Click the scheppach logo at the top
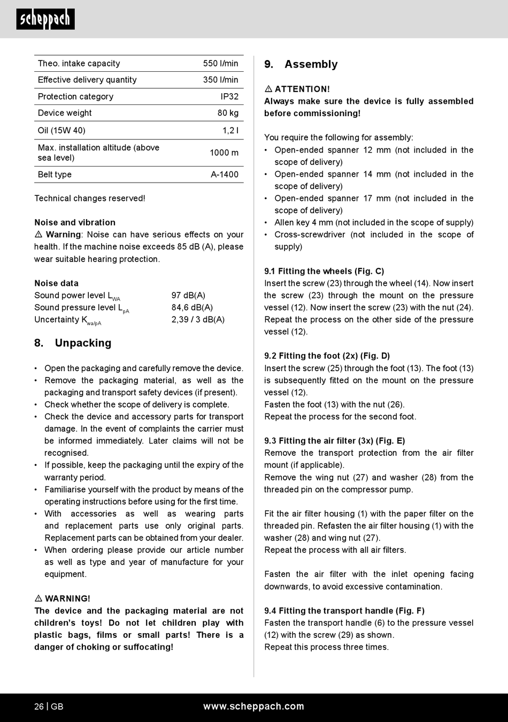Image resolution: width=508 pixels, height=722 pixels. point(45,19)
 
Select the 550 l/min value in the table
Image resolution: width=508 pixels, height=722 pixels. point(220,63)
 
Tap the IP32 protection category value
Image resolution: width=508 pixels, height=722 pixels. point(229,96)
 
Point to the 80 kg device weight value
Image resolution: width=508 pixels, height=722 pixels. point(228,113)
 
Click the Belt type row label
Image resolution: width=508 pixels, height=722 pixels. point(55,175)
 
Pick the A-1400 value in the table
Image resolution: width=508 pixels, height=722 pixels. point(225,175)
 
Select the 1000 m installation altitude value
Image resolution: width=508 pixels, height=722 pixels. point(224,153)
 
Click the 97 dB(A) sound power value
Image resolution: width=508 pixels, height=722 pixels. point(188,295)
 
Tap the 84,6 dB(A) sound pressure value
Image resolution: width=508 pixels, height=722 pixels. point(192,307)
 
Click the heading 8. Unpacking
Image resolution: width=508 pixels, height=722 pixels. point(73,343)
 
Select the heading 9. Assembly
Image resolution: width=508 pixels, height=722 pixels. point(301,64)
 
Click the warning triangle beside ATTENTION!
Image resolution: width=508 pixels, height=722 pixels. point(268,89)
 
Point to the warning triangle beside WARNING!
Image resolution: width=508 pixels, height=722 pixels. point(39,598)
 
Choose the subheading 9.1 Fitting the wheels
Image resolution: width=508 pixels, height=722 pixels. point(324,271)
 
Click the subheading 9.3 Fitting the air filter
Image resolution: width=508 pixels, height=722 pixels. point(334,441)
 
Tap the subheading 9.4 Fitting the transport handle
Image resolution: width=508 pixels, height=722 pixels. point(344,611)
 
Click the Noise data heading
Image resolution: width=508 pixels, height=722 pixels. point(56,283)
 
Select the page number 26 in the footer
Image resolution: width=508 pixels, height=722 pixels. point(39,706)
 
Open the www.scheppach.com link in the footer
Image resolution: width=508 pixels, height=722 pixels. point(253,706)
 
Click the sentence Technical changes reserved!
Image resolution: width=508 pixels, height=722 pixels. point(90,198)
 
